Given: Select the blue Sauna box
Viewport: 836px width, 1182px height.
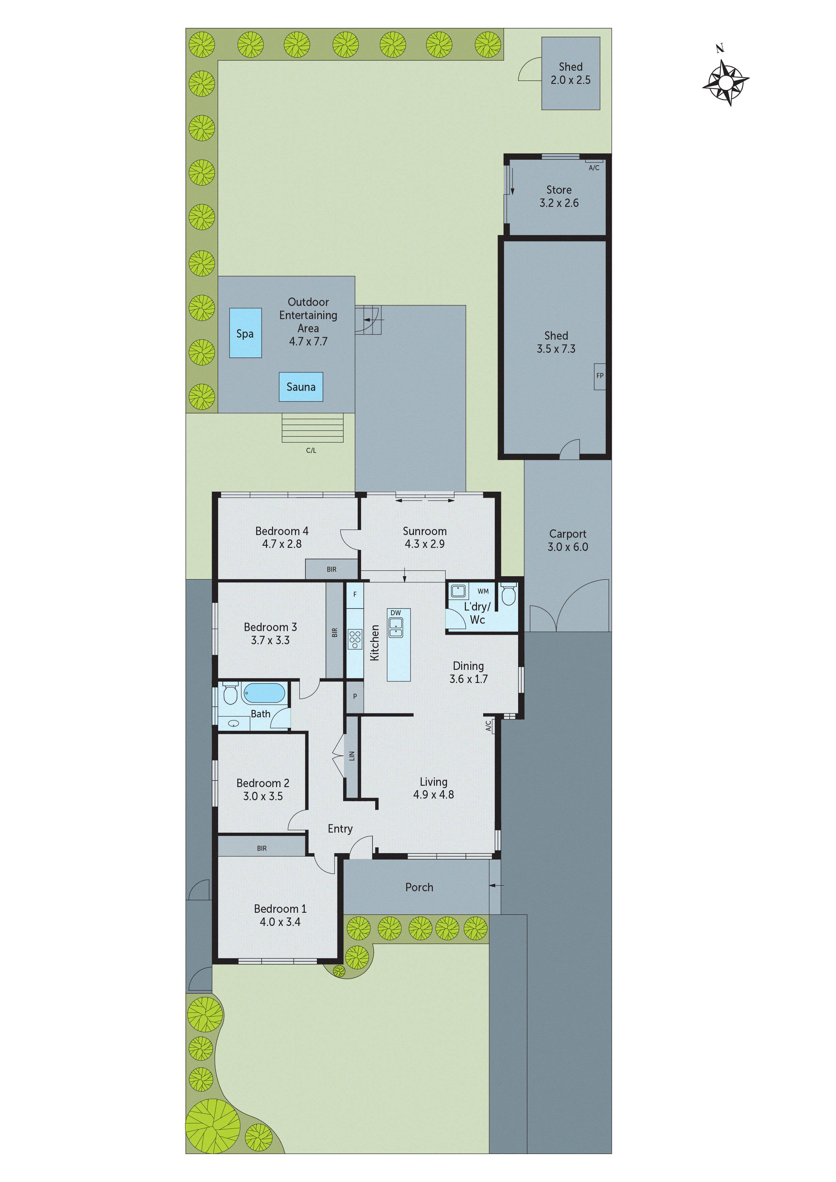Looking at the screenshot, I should pos(301,386).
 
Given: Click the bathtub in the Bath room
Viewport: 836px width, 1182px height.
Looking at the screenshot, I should pos(264,693).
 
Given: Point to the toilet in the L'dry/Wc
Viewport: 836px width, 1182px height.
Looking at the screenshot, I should pos(508,595).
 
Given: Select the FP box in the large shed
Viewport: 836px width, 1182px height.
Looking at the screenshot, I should pos(600,376).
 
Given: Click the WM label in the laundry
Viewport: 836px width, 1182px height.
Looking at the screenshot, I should pos(483,591).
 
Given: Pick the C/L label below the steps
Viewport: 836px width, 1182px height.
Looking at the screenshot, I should pos(311,450).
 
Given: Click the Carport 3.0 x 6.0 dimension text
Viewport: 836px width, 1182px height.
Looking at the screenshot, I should pos(568,547).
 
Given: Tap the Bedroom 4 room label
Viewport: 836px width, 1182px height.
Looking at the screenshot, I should pos(282,531).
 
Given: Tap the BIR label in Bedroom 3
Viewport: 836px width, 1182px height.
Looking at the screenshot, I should pos(335,632).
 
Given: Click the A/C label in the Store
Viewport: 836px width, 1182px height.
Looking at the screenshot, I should pos(594,168).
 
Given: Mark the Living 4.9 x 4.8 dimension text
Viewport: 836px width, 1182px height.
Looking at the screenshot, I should pos(433,795).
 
